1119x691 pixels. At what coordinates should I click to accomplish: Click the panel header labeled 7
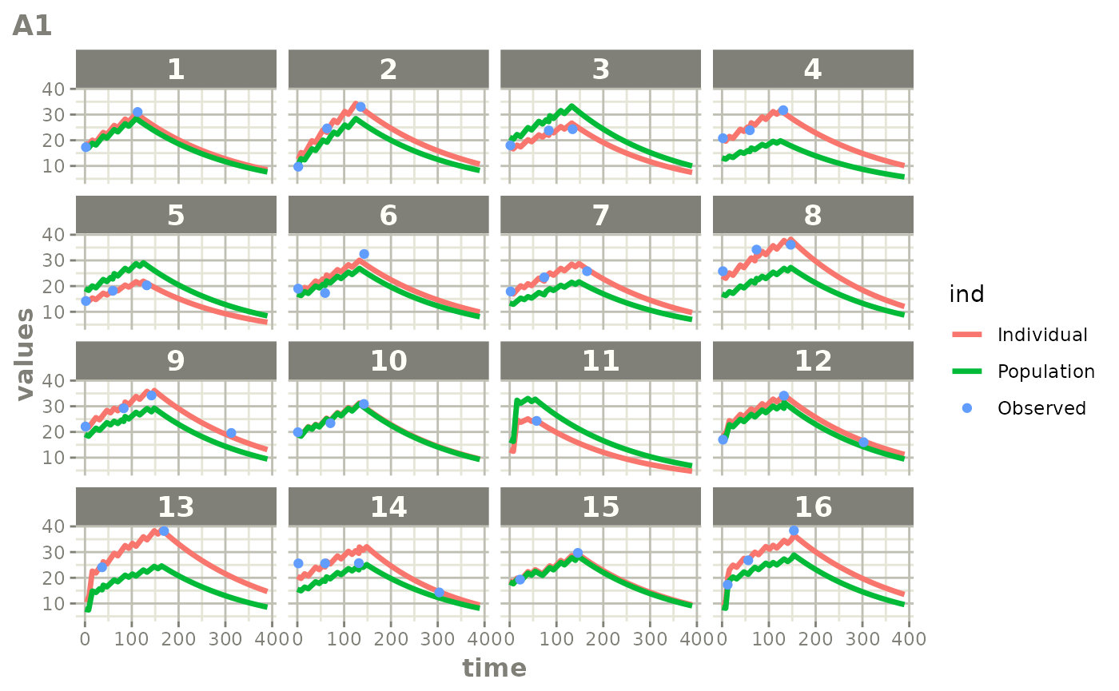pos(600,215)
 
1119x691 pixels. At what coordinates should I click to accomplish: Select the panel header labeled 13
pos(176,506)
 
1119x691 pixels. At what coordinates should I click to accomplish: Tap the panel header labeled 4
pos(812,69)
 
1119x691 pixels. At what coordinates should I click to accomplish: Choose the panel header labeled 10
pos(388,361)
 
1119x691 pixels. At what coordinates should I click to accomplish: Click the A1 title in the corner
pos(33,26)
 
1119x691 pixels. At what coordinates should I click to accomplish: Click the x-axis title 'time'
pos(494,668)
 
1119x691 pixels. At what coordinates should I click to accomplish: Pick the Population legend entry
pos(1045,371)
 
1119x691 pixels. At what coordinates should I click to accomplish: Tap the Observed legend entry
pos(1041,407)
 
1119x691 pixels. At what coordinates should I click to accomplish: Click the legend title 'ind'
pos(966,295)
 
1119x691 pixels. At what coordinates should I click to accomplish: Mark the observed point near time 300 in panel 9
pos(231,433)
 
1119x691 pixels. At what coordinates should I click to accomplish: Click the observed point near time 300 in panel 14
pos(439,593)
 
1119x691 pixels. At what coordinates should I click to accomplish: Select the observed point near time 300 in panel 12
pos(863,442)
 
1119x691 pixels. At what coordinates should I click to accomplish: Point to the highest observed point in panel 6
pos(364,254)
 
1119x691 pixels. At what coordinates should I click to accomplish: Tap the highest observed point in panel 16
pos(794,530)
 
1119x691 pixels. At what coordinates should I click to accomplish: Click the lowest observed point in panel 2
pos(298,166)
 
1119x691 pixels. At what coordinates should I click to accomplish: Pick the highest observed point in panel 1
pos(137,113)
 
